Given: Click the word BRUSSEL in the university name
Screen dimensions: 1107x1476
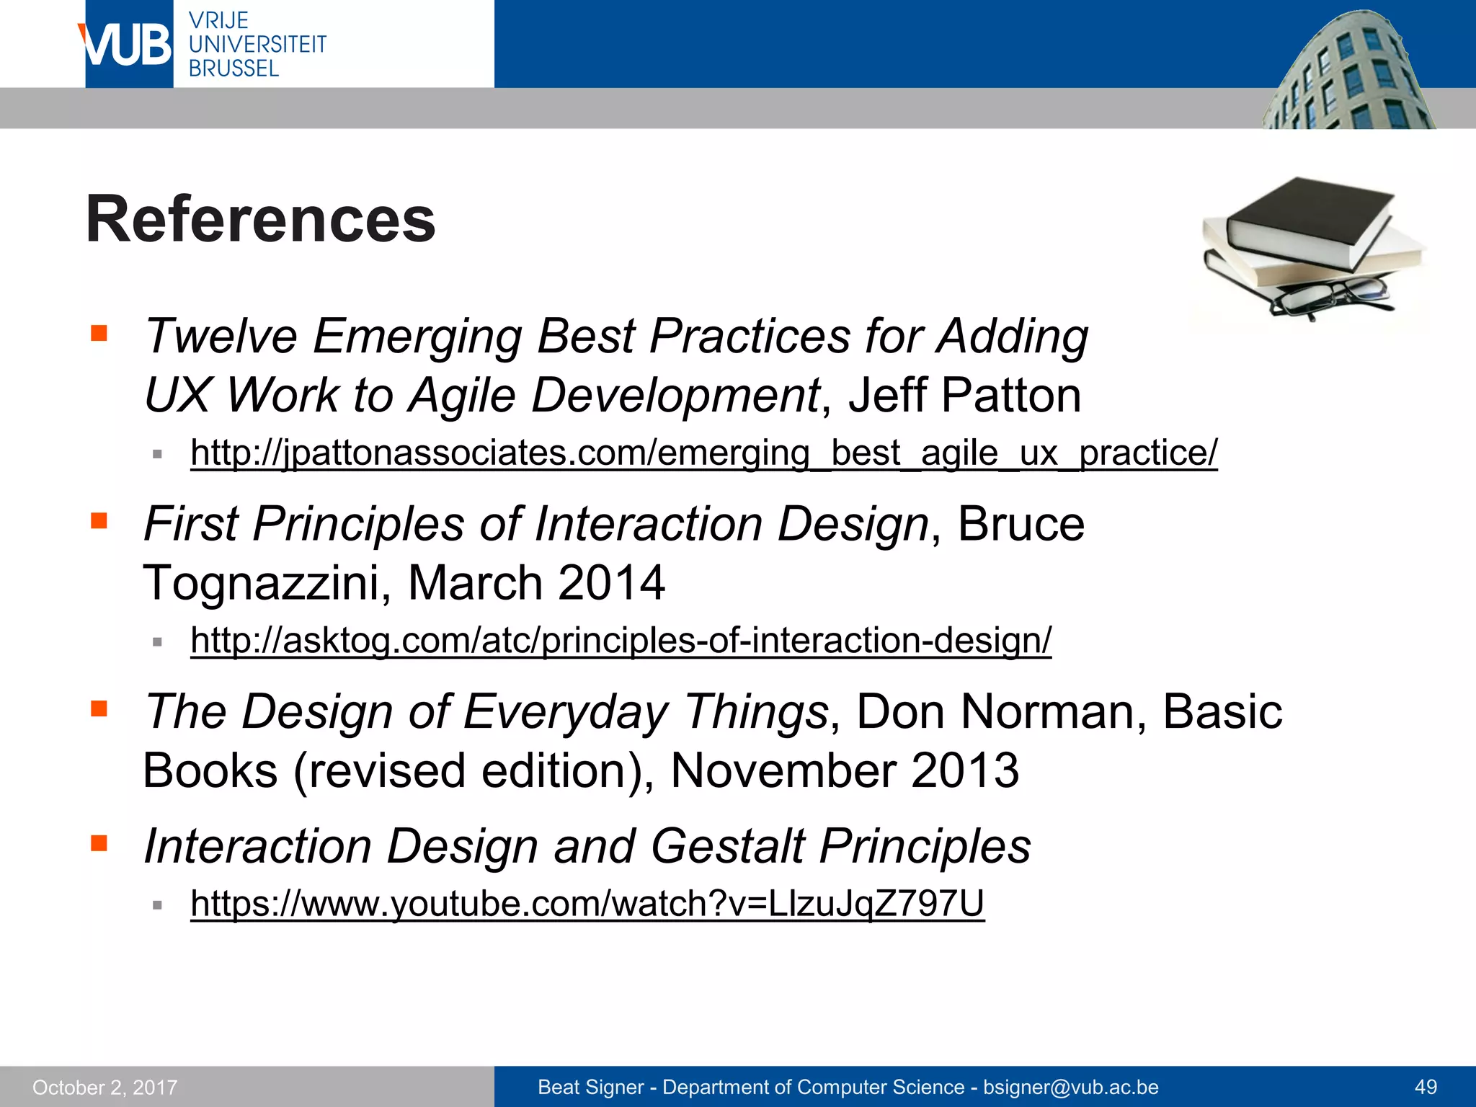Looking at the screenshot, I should click(234, 68).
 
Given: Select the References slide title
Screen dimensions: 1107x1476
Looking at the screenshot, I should click(261, 220).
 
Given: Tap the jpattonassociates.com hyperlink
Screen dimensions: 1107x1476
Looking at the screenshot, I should click(703, 453).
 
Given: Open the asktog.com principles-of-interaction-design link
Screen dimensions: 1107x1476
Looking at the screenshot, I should click(621, 641).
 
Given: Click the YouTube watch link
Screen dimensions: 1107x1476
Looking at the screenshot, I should click(587, 903).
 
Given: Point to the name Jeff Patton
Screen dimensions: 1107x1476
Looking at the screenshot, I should click(964, 396).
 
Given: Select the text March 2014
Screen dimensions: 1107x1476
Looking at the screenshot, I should click(535, 582).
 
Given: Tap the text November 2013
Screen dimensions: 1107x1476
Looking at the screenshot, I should click(844, 770).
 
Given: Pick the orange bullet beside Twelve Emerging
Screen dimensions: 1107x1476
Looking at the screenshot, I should click(99, 334).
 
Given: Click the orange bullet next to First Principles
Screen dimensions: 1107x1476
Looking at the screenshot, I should click(99, 520).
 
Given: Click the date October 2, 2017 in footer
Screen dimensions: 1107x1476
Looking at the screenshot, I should click(105, 1087).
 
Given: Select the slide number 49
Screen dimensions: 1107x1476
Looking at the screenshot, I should click(1426, 1087).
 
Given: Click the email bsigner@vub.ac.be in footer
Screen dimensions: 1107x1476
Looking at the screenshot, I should click(1070, 1087).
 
